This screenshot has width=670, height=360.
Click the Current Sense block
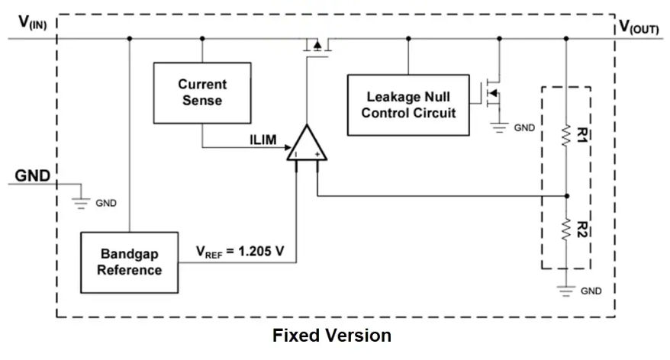(x=202, y=92)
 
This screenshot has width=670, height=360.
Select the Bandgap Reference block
(x=130, y=261)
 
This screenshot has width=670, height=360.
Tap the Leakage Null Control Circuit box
(x=408, y=105)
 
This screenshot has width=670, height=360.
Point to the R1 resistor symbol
(x=565, y=135)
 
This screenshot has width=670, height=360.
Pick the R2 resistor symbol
(x=565, y=227)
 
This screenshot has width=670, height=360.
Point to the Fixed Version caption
(x=332, y=336)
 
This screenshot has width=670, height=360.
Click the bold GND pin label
(x=33, y=176)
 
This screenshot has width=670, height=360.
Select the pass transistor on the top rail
(x=317, y=44)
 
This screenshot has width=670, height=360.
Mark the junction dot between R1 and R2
(x=565, y=195)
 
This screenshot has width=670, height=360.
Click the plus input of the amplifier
(x=316, y=155)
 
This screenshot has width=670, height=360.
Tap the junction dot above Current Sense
(x=202, y=37)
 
